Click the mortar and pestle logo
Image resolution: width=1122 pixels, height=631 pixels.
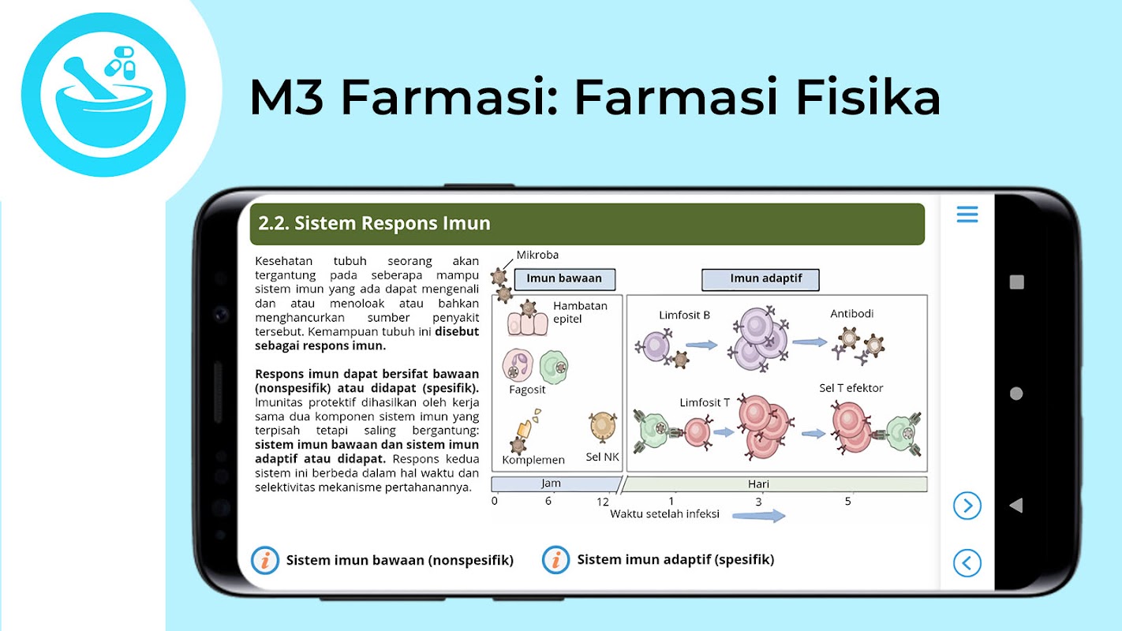(103, 95)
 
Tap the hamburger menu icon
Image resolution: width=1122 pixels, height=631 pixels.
(967, 215)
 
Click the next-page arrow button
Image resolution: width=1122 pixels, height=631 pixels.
(967, 506)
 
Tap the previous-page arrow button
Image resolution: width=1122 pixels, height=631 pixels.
(967, 563)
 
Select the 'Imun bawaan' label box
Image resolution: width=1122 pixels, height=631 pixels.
(564, 279)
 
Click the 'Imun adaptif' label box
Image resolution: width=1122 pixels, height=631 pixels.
(761, 279)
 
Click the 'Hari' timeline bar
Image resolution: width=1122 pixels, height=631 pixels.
(774, 484)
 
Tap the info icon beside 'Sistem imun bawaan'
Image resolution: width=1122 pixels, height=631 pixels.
(265, 560)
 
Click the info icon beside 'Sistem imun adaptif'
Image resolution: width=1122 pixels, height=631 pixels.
(555, 559)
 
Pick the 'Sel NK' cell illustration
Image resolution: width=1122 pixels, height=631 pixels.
(603, 426)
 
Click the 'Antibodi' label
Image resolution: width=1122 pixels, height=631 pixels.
(851, 314)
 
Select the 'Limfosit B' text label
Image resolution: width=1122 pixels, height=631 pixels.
(684, 315)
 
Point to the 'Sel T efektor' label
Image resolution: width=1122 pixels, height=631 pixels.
(851, 388)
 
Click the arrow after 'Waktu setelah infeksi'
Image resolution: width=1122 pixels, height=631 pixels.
(759, 515)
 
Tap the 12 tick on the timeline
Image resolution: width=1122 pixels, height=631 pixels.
(603, 502)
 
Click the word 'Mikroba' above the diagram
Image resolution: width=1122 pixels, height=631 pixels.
(537, 255)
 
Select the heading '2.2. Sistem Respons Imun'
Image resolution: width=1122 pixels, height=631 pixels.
(374, 223)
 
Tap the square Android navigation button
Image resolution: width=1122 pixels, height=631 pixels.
(1017, 282)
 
